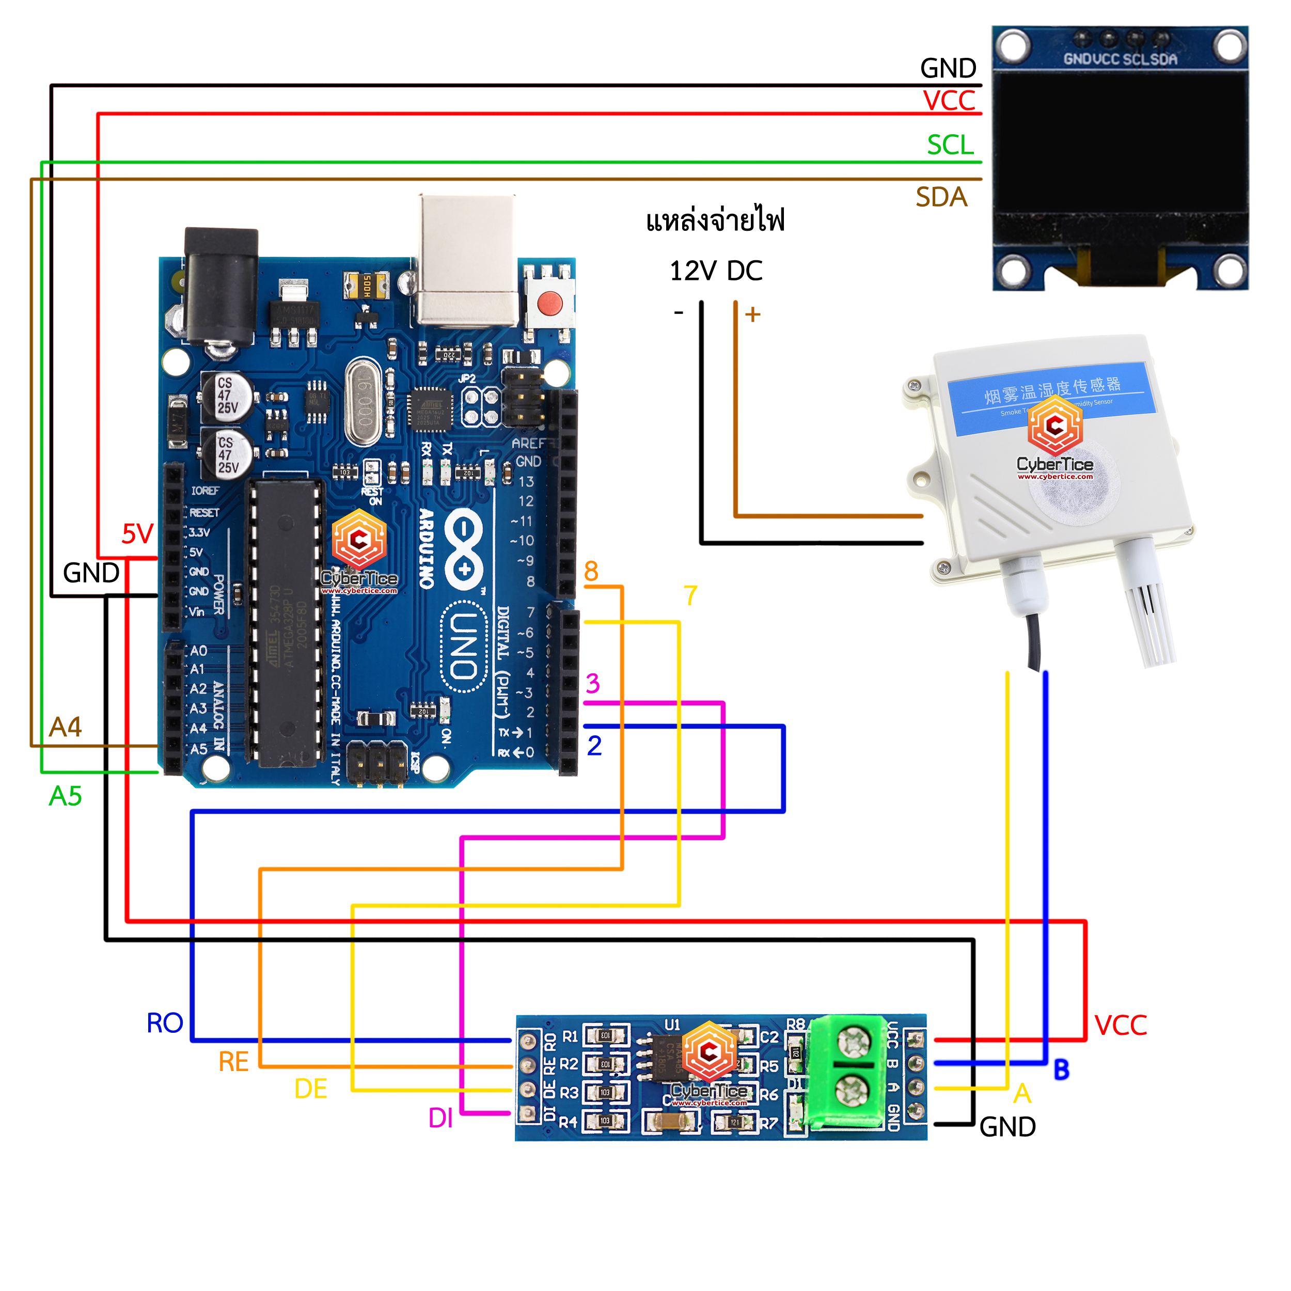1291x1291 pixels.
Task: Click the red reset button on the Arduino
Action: point(549,303)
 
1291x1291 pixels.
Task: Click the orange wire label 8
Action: point(591,571)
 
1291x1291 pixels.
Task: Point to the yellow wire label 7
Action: point(690,595)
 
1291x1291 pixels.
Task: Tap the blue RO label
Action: point(164,1023)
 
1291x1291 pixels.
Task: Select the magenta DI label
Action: point(440,1118)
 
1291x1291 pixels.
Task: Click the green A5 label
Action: point(66,796)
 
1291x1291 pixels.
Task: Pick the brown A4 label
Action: point(66,727)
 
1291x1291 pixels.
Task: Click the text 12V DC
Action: point(716,271)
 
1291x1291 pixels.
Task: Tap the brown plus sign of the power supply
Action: point(753,314)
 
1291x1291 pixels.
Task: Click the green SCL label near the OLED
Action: point(950,145)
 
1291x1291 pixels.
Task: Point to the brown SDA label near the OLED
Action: point(941,197)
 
